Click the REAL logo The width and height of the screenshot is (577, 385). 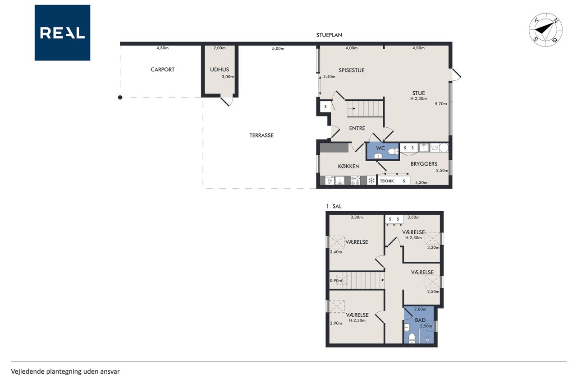click(62, 33)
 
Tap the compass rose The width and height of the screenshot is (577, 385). click(545, 30)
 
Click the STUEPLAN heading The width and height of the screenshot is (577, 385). click(329, 35)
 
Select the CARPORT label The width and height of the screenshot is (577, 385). click(163, 70)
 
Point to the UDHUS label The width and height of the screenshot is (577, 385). click(220, 70)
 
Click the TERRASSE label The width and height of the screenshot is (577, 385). click(261, 135)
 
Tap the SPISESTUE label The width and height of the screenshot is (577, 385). click(351, 70)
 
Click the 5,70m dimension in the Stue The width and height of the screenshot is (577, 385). click(441, 104)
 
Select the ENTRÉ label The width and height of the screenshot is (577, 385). click(357, 128)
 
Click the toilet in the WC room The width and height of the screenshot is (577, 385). click(393, 151)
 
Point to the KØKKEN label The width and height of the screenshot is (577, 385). click(349, 167)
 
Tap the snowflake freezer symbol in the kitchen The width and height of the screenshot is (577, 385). click(371, 181)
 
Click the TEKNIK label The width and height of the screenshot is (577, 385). click(387, 181)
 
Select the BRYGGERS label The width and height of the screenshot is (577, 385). click(424, 164)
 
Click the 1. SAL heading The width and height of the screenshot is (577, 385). click(334, 206)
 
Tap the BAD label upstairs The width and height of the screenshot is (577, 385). click(420, 320)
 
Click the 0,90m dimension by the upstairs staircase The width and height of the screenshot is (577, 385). click(336, 281)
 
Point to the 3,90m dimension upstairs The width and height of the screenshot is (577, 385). click(336, 323)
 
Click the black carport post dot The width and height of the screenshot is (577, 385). click(120, 97)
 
